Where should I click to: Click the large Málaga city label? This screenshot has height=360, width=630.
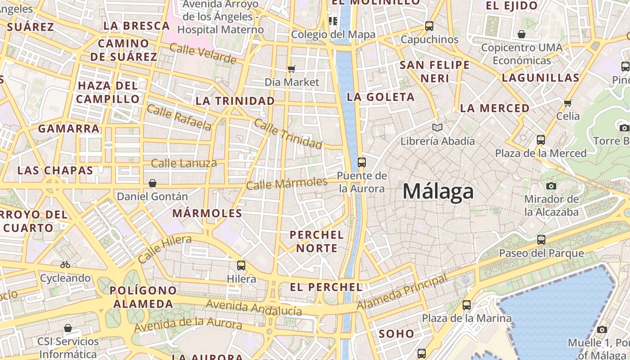coord(438,191)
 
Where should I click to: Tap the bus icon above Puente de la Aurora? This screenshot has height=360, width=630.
coord(361,162)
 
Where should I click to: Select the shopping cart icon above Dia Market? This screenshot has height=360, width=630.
coord(292,69)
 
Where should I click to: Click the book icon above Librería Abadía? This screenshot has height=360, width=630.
coord(437,127)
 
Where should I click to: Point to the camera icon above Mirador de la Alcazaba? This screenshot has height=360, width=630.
coord(551,186)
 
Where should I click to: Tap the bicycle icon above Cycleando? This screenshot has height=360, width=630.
coord(65,265)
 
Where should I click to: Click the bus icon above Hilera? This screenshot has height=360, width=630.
coord(241,265)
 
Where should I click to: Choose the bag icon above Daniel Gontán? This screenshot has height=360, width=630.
coord(153,183)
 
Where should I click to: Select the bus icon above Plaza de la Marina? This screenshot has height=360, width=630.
coord(467,305)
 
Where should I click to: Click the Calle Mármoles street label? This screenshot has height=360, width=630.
coord(287,184)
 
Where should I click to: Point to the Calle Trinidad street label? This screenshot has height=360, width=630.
coord(288,133)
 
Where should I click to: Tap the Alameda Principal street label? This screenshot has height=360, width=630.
coord(403,292)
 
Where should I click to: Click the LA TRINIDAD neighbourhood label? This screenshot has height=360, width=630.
coord(235,101)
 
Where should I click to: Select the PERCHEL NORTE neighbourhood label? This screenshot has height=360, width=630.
coord(316,241)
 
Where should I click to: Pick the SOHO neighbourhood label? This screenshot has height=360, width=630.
coord(396,333)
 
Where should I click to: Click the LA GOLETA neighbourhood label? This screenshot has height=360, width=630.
coord(381,97)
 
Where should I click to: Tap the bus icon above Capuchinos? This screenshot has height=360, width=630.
coord(429,26)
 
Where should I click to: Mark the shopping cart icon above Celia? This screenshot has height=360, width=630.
coord(568,103)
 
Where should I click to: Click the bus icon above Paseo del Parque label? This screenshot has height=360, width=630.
coord(541,240)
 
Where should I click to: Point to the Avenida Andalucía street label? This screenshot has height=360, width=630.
coord(254,308)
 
